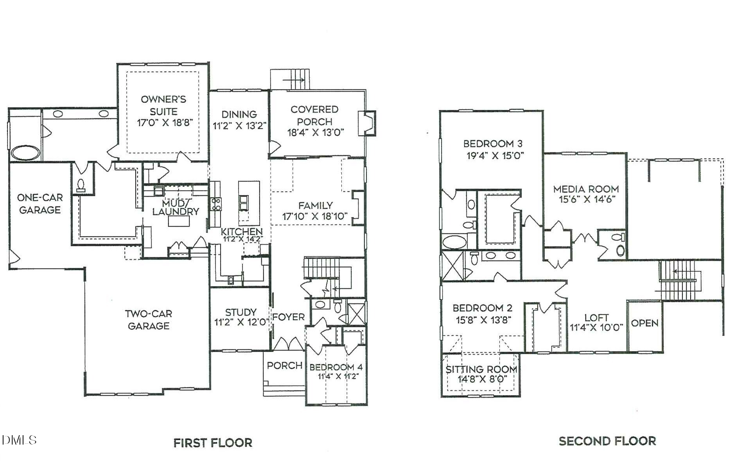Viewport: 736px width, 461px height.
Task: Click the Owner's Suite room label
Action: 163,105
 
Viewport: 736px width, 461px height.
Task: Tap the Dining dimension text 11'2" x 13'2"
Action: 239,126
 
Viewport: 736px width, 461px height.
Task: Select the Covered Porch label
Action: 314,115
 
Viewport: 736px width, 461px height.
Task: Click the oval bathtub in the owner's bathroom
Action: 25,153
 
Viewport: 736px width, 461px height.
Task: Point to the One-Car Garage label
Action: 40,204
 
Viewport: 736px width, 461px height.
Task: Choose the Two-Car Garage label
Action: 149,319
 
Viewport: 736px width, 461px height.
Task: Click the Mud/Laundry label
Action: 176,208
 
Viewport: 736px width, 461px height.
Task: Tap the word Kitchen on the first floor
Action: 242,231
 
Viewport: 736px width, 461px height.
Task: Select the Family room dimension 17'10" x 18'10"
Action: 315,216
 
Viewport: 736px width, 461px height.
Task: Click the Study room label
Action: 241,312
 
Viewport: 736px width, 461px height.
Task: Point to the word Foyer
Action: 288,317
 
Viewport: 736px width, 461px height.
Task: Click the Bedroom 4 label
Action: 336,367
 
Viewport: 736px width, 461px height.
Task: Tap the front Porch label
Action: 284,366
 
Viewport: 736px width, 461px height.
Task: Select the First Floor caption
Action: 213,443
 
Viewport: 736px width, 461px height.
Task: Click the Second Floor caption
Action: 607,441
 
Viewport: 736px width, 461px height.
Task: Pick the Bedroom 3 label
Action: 493,144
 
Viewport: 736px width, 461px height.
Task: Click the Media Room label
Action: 586,189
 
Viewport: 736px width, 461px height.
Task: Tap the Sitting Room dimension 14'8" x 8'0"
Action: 482,379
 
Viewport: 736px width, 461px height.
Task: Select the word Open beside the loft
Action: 644,323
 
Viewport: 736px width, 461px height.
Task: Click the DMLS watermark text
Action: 19,440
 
